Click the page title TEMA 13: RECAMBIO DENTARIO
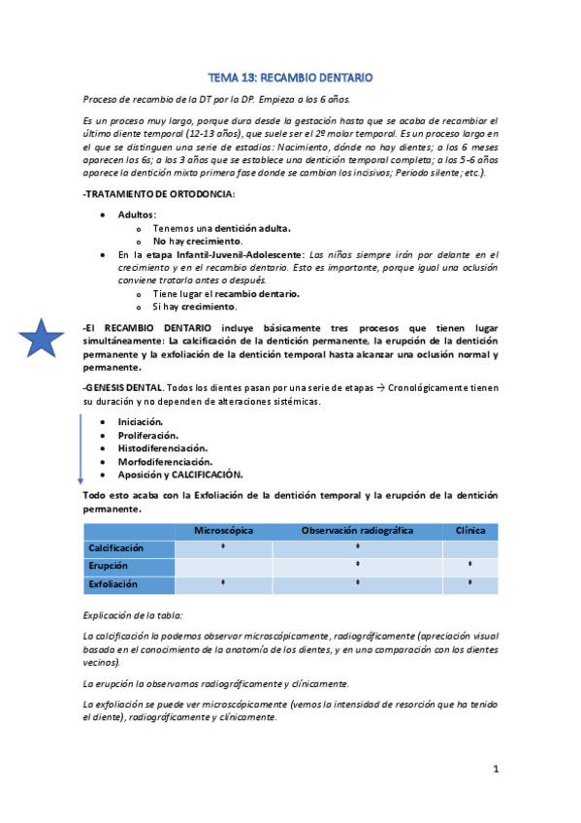tap(291, 77)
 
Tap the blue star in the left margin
tap(42, 339)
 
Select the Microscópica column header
tap(223, 531)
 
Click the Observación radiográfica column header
tap(357, 531)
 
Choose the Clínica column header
tap(470, 531)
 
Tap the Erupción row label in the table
tap(108, 566)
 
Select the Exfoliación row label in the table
tap(113, 584)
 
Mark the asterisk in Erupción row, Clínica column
tap(470, 564)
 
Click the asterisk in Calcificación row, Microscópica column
tap(223, 547)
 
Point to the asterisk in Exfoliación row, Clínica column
tap(470, 582)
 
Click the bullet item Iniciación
tap(140, 422)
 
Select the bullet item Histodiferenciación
tap(162, 448)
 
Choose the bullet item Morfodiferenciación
tap(165, 462)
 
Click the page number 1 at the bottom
tap(495, 769)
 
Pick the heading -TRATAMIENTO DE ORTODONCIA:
tap(159, 194)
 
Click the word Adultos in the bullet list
tap(136, 214)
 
